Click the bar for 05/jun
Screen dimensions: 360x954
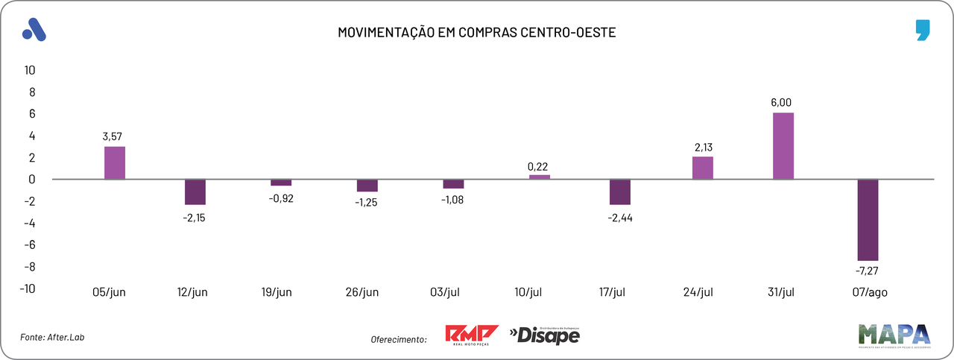pyautogui.click(x=115, y=162)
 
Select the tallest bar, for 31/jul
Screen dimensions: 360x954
pyautogui.click(x=783, y=146)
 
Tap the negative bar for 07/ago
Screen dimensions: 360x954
pyautogui.click(x=868, y=219)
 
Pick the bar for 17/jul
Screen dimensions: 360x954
pyautogui.click(x=620, y=192)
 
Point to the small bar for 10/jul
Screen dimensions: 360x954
pyautogui.click(x=540, y=177)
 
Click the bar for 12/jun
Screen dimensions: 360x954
pyautogui.click(x=195, y=192)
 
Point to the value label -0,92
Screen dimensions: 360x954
pyautogui.click(x=281, y=198)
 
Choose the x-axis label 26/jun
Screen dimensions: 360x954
pyautogui.click(x=361, y=291)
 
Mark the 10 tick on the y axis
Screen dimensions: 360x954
pyautogui.click(x=31, y=70)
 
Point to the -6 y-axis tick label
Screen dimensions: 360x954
pyautogui.click(x=29, y=245)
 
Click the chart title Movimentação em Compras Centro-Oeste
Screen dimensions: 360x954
pyautogui.click(x=477, y=33)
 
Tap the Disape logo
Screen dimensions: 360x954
pyautogui.click(x=544, y=335)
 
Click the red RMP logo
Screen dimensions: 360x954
pyautogui.click(x=471, y=335)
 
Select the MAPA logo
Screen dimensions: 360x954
pyautogui.click(x=894, y=336)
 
